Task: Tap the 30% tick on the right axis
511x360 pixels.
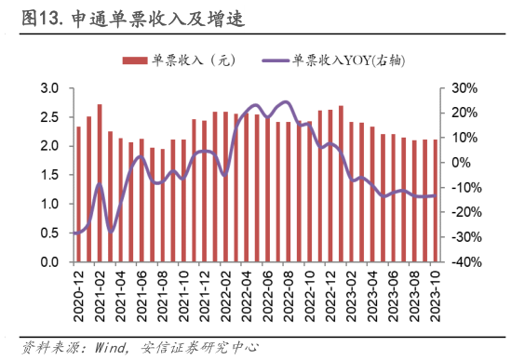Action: [x=464, y=88]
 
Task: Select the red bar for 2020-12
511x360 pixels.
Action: [x=78, y=194]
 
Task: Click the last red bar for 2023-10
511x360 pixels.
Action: [x=435, y=201]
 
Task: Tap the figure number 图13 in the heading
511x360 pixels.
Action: [x=42, y=18]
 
